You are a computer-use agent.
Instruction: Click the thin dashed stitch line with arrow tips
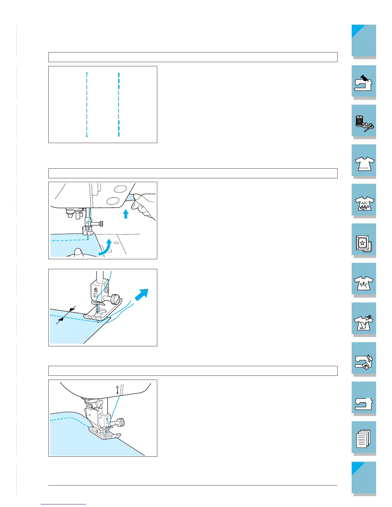pos(87,105)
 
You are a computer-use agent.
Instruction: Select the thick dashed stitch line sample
pos(119,105)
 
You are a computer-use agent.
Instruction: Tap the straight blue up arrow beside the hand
pos(126,214)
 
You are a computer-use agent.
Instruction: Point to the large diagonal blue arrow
pos(142,295)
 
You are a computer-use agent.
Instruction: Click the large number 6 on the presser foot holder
pos(96,290)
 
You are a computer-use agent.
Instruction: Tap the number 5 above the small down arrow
pos(118,387)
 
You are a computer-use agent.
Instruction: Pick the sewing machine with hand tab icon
pos(363,83)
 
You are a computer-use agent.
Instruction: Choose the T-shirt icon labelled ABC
pos(364,203)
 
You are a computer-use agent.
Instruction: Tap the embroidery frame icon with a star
pos(364,244)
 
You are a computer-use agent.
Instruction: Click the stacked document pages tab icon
pos(363,439)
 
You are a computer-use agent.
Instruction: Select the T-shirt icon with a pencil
pos(364,323)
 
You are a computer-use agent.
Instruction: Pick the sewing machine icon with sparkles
pos(363,362)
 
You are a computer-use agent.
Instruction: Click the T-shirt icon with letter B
pos(363,283)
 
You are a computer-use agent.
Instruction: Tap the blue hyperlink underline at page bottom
pos(63,504)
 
